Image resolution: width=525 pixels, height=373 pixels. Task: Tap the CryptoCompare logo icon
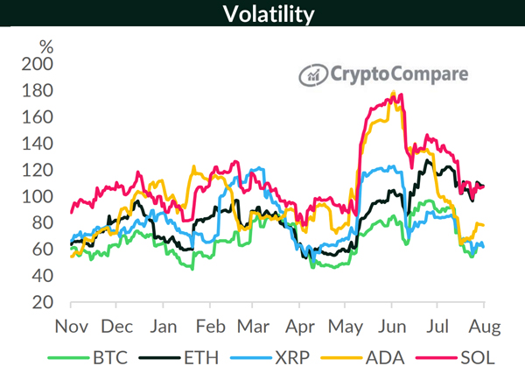coord(312,75)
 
